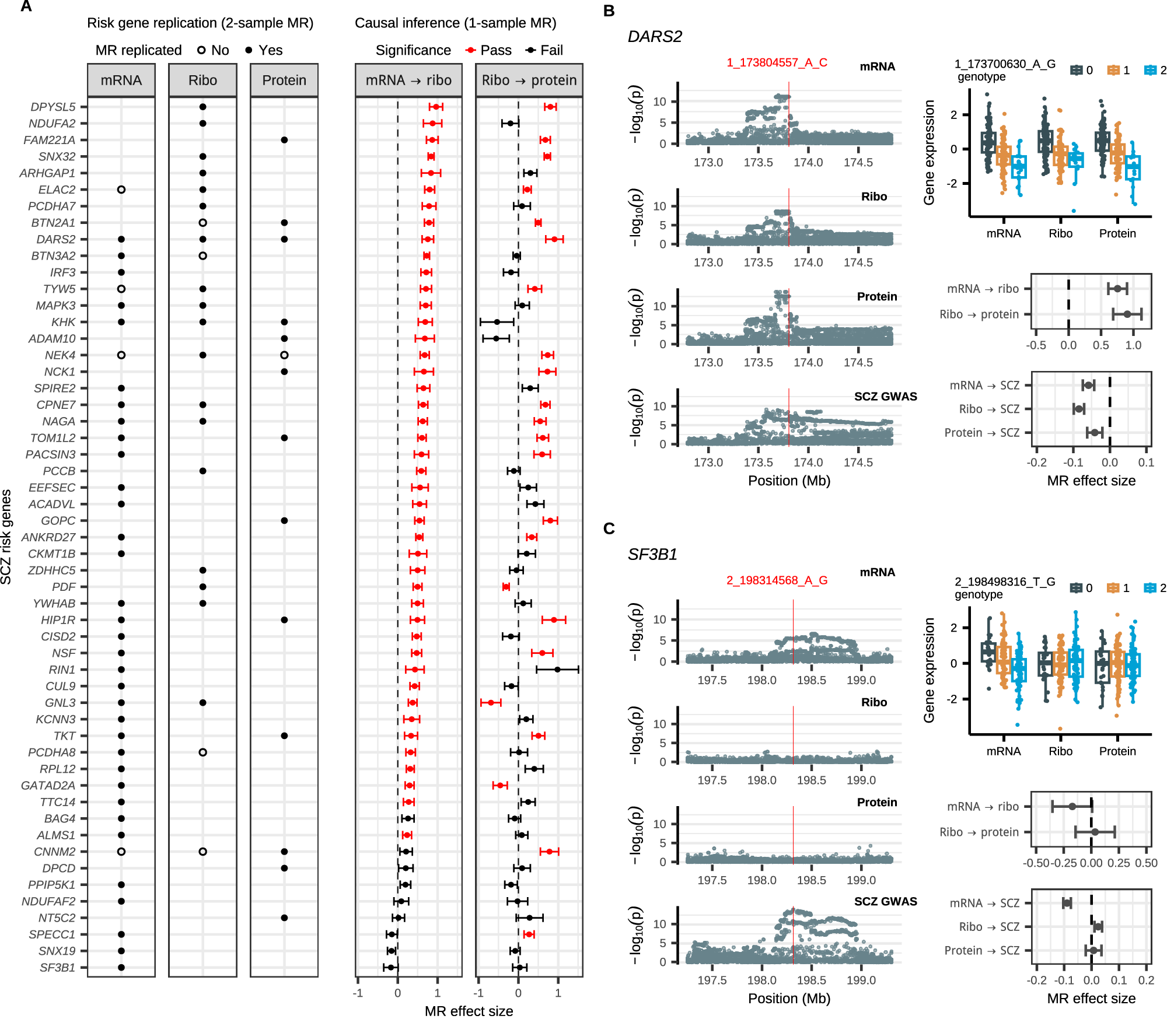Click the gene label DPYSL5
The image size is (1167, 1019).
pyautogui.click(x=53, y=107)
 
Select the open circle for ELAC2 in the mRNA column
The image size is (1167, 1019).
pyautogui.click(x=121, y=190)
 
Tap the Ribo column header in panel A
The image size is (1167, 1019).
pyautogui.click(x=202, y=80)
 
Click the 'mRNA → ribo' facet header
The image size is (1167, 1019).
pyautogui.click(x=408, y=80)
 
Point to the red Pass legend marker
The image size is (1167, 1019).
pyautogui.click(x=470, y=50)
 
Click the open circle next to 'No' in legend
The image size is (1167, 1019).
pyautogui.click(x=201, y=50)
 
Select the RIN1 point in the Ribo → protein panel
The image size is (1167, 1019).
pyautogui.click(x=557, y=670)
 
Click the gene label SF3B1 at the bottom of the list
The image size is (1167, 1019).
pyautogui.click(x=57, y=968)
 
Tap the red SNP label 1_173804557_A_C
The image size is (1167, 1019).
pyautogui.click(x=777, y=62)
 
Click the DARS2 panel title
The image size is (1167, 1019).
pyautogui.click(x=655, y=37)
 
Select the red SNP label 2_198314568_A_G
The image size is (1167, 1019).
pyautogui.click(x=777, y=580)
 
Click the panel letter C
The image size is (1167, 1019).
pyautogui.click(x=609, y=528)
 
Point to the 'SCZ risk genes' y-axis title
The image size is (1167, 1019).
pyautogui.click(x=6, y=537)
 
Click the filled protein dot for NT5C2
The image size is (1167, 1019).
pyautogui.click(x=284, y=918)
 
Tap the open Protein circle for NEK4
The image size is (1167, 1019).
pyautogui.click(x=284, y=355)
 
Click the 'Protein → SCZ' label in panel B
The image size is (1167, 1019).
pyautogui.click(x=981, y=433)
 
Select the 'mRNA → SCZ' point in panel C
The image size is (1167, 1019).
pyautogui.click(x=1067, y=903)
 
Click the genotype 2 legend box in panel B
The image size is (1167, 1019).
pyautogui.click(x=1150, y=70)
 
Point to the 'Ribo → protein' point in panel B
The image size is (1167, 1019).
pyautogui.click(x=1127, y=314)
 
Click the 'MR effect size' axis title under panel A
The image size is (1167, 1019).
pyautogui.click(x=469, y=1011)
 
